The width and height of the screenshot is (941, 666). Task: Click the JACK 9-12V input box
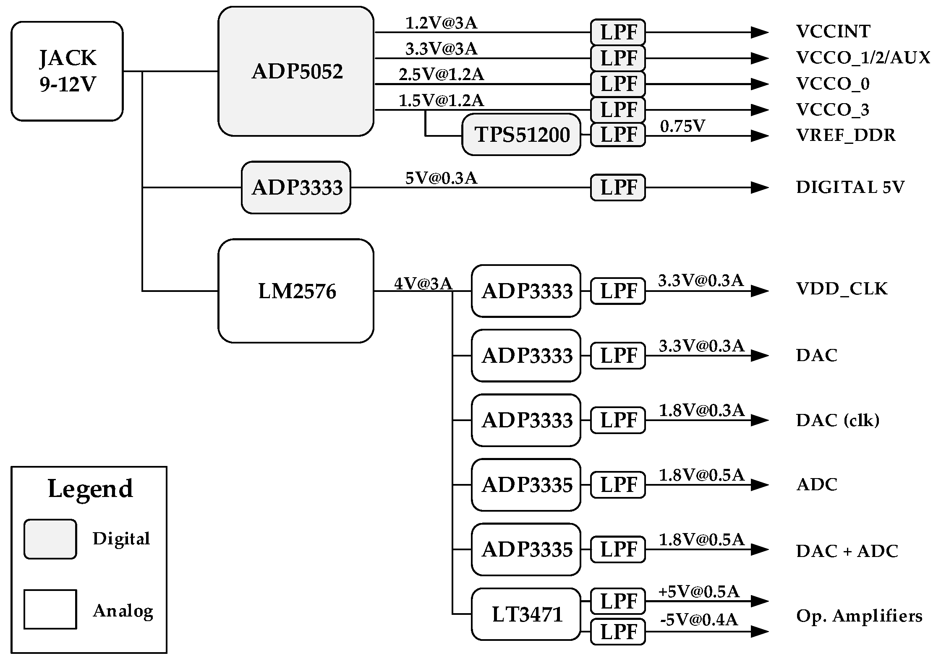67,71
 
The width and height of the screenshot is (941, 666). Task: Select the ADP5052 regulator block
296,71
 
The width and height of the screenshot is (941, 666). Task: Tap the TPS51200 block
521,135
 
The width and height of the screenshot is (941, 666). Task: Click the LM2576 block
296,291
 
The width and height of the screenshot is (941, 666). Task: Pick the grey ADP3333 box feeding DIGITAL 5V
296,187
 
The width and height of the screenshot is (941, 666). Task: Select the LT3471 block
526,614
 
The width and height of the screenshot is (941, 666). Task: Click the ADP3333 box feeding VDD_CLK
526,291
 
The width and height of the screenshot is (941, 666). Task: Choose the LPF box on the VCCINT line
618,32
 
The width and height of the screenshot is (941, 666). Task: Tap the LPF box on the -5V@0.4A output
618,632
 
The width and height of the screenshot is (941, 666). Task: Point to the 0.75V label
682,126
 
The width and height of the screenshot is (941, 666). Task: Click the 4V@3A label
423,284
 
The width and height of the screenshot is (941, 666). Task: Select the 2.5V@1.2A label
441,75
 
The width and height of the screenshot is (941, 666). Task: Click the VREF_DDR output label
846,135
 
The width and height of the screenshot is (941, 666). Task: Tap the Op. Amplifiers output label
859,616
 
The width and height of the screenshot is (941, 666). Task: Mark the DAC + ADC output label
847,551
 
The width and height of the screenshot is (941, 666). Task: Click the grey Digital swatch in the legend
50,539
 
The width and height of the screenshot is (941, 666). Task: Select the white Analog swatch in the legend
50,609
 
